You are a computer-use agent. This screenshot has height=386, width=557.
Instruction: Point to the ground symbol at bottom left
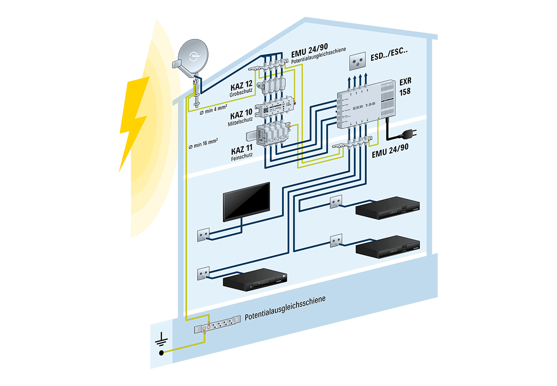point(160,346)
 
